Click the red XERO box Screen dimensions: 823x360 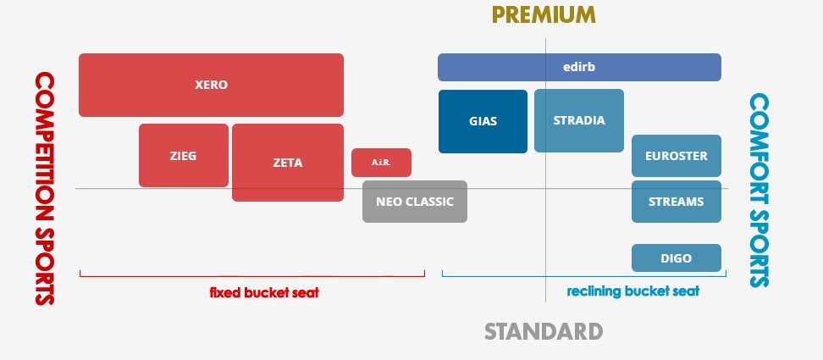[x=211, y=85]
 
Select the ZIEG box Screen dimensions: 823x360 [x=184, y=155]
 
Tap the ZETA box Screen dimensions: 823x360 [x=288, y=163]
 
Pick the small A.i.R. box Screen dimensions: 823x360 [x=381, y=163]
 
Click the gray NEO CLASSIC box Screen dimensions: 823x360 [x=415, y=202]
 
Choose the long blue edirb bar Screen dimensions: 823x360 [x=579, y=67]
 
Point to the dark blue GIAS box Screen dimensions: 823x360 [x=483, y=122]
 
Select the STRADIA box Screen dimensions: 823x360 [x=579, y=120]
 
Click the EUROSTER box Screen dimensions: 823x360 [x=676, y=156]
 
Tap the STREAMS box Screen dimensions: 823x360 [x=676, y=202]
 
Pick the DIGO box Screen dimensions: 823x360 [x=676, y=258]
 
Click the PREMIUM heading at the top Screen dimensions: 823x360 [x=544, y=15]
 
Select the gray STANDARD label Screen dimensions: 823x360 [x=544, y=332]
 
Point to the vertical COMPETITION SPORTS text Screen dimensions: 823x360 [x=45, y=188]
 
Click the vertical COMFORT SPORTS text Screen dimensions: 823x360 [x=759, y=191]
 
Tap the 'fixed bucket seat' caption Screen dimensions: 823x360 [x=264, y=292]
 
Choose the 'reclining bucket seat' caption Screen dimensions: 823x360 [x=633, y=291]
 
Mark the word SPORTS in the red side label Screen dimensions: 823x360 [x=45, y=265]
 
